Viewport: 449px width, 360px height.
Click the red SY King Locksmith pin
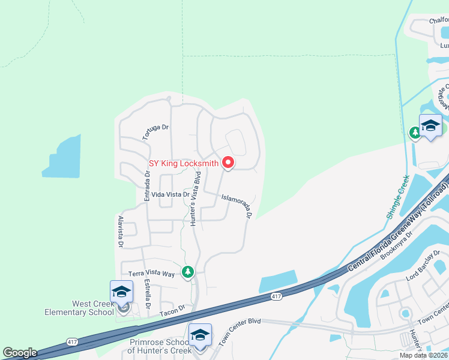pos(228,162)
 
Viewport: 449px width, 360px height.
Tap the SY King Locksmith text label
pos(184,163)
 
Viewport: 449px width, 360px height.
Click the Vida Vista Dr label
pos(170,194)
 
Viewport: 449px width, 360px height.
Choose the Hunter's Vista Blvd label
pos(195,198)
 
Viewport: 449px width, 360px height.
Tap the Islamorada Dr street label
pos(235,205)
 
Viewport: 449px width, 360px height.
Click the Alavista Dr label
pos(121,232)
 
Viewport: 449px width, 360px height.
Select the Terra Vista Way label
pos(151,274)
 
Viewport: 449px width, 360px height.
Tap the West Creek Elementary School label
pos(79,307)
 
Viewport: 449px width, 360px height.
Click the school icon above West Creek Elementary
pos(121,292)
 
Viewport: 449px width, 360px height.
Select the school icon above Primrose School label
pos(200,335)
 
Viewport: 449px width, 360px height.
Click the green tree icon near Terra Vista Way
pos(188,272)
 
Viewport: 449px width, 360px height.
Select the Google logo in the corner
pos(20,353)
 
